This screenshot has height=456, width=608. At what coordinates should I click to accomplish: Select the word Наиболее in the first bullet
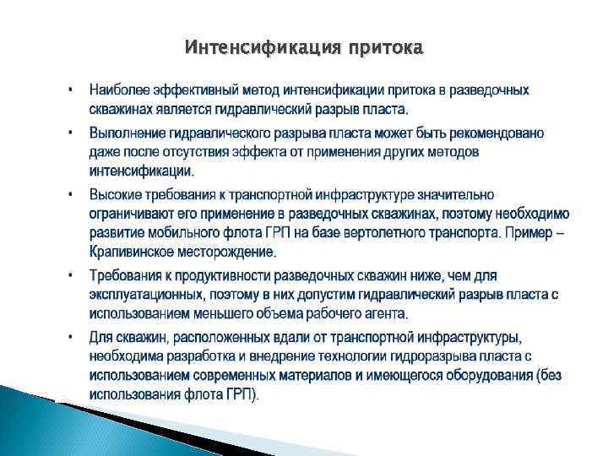pyautogui.click(x=119, y=90)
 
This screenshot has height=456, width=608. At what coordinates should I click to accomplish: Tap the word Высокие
pyautogui.click(x=116, y=195)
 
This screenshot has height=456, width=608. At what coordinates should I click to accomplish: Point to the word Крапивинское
pyautogui.click(x=133, y=251)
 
